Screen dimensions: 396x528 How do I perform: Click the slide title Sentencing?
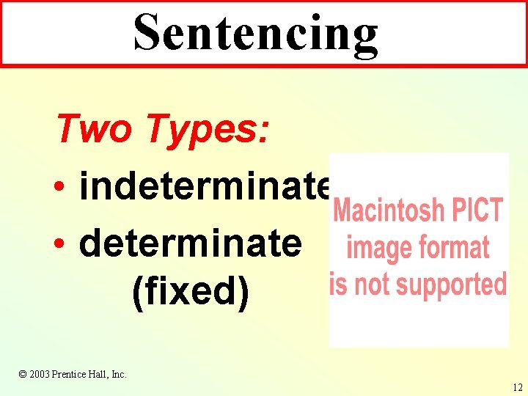(x=256, y=33)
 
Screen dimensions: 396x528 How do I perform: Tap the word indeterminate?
(x=205, y=186)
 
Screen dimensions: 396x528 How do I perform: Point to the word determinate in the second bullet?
(x=190, y=241)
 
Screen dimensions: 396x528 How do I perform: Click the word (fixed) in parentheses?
(x=190, y=290)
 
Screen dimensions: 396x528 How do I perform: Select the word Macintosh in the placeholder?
(x=384, y=211)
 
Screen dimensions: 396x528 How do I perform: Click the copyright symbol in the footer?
(x=23, y=374)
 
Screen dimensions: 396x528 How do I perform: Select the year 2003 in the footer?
(x=39, y=374)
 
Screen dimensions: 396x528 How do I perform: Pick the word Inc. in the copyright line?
(x=118, y=374)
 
